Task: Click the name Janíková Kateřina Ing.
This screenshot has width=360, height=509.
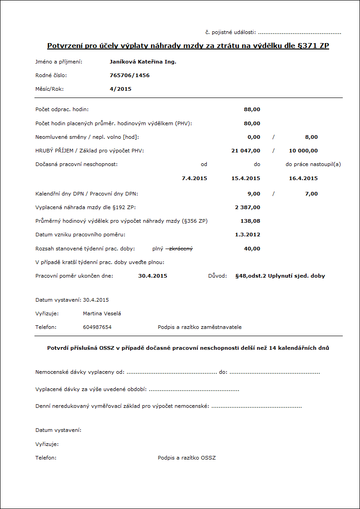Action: [x=143, y=62]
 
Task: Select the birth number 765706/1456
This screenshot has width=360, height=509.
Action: [x=130, y=75]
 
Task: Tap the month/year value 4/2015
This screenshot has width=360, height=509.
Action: [x=121, y=89]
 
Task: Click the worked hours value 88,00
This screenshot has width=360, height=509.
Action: [x=252, y=109]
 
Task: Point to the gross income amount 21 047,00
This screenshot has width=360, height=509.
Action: [x=246, y=151]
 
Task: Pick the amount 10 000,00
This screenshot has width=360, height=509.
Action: [x=303, y=151]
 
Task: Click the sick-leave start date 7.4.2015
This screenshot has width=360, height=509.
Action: [x=194, y=178]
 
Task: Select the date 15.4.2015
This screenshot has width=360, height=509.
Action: [x=246, y=178]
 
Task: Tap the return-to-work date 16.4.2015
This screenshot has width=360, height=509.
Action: [x=303, y=178]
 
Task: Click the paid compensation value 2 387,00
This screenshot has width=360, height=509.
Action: [x=248, y=207]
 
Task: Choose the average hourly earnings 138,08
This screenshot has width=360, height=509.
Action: [x=250, y=221]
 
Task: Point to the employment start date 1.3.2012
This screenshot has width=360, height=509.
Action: [x=248, y=235]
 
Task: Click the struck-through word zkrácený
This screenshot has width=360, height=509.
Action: [x=183, y=249]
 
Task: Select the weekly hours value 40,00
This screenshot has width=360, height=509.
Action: [x=252, y=249]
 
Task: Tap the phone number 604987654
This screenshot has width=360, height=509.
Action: [x=97, y=327]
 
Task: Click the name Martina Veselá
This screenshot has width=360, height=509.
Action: [x=102, y=313]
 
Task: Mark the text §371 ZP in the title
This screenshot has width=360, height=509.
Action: [x=312, y=46]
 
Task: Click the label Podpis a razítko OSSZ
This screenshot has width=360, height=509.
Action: [x=187, y=458]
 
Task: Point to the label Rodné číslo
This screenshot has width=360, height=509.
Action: [x=51, y=75]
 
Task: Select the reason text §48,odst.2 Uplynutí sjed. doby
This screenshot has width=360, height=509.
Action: [x=280, y=276]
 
